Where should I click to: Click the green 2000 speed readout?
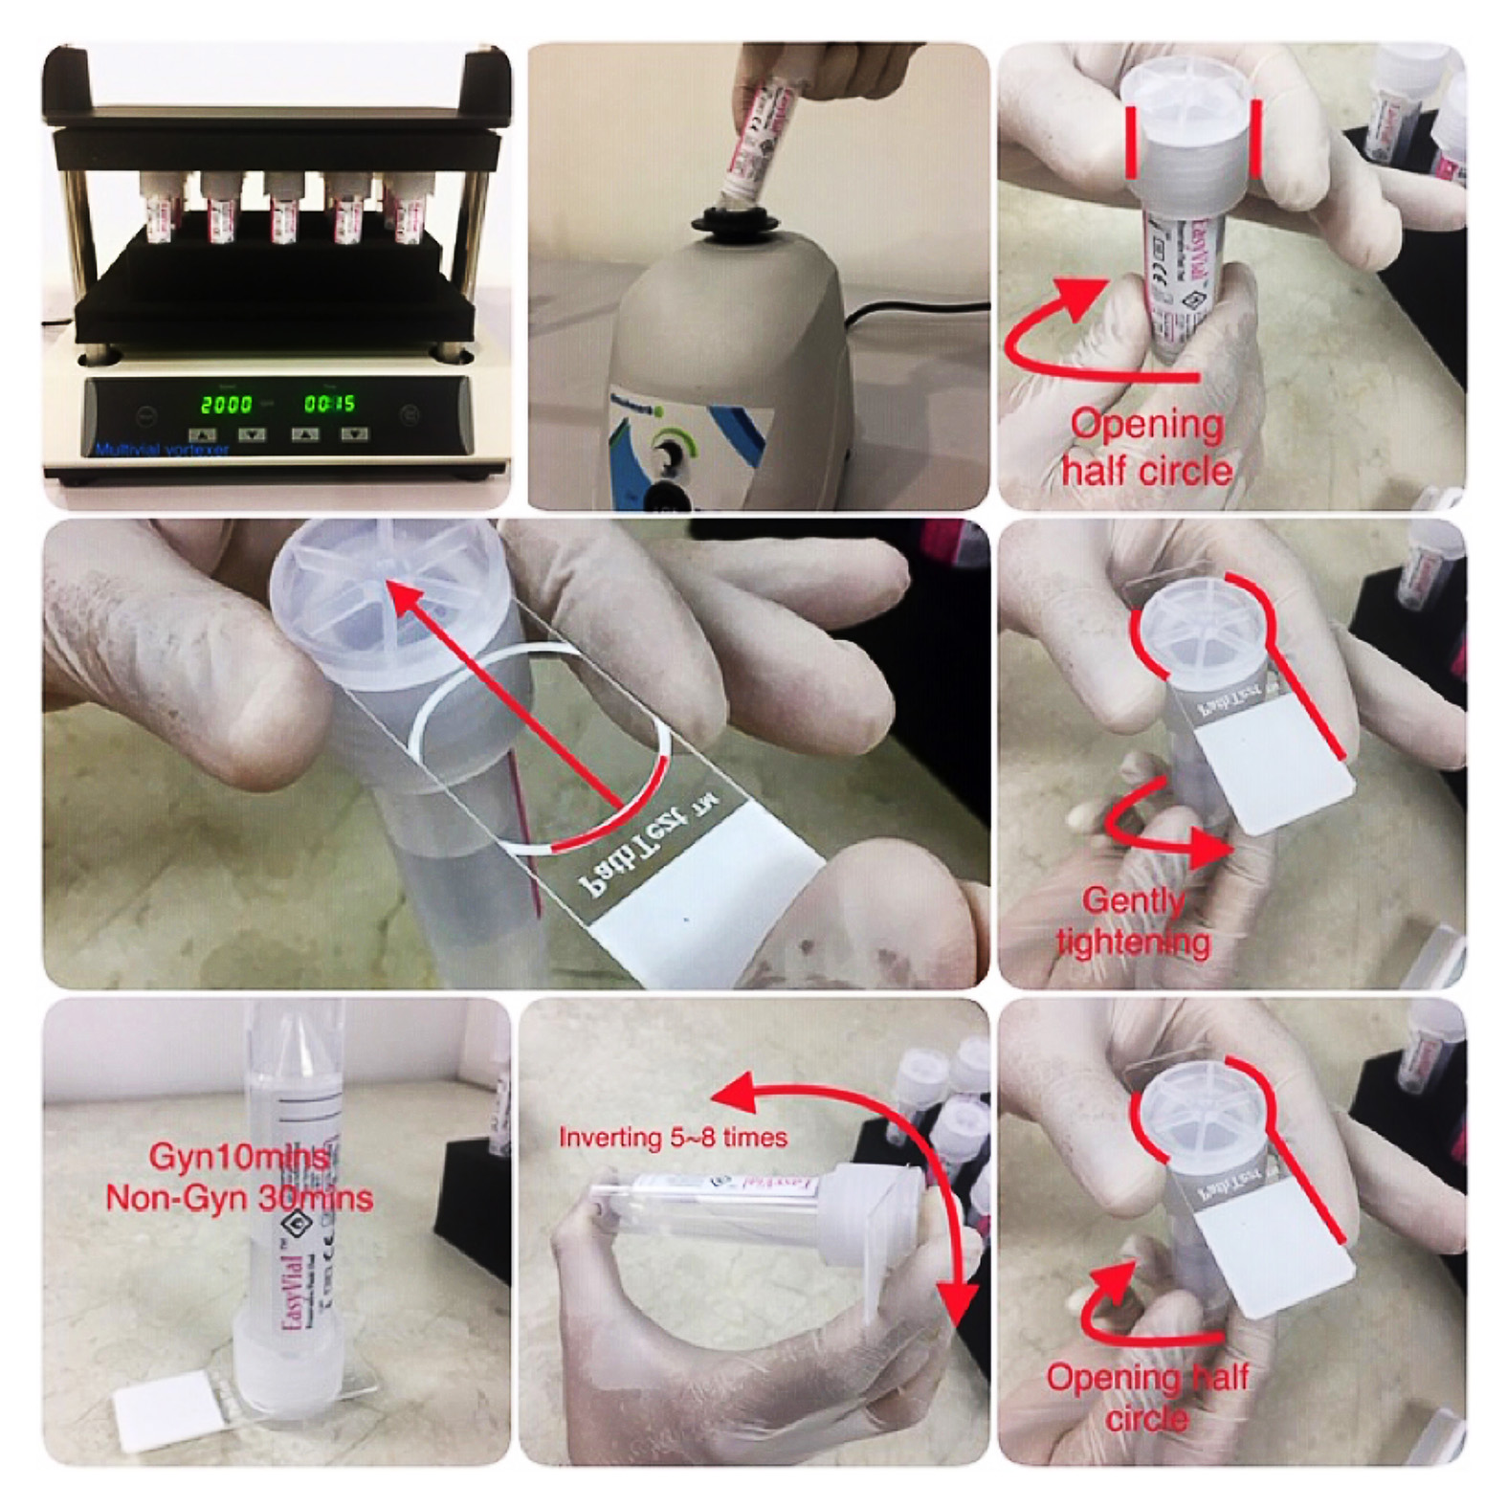point(226,404)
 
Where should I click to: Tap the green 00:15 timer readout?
point(329,404)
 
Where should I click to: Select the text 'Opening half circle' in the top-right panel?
point(1146,447)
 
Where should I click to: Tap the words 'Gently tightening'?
point(1134,920)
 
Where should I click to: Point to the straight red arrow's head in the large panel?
point(407,599)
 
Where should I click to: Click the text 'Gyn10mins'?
point(239,1157)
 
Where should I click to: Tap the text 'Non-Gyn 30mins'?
point(239,1198)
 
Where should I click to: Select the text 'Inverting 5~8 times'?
point(673,1138)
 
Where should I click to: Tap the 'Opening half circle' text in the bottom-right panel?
point(1146,1397)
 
